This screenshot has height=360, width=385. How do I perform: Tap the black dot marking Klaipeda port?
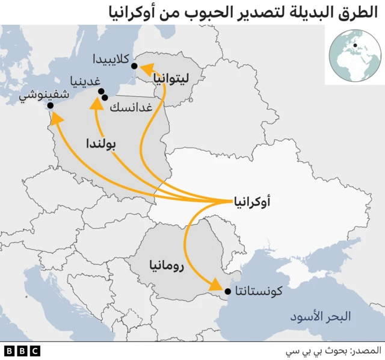click(x=134, y=66)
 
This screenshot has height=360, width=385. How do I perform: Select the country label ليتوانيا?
click(x=170, y=78)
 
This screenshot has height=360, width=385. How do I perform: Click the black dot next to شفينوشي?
click(x=51, y=105)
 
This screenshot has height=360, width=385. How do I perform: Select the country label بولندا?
click(x=100, y=144)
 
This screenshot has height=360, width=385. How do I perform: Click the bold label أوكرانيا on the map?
click(x=251, y=202)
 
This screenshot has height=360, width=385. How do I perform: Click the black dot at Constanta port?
click(x=227, y=292)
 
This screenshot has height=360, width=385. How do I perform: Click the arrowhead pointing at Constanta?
click(x=216, y=287)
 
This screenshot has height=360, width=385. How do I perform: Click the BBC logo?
click(x=22, y=350)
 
